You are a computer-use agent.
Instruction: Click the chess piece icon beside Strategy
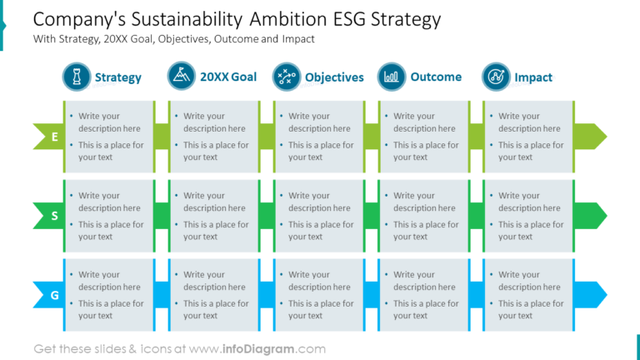pyautogui.click(x=77, y=77)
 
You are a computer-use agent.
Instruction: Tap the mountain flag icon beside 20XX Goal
pyautogui.click(x=182, y=77)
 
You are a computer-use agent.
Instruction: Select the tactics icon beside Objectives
pyautogui.click(x=287, y=77)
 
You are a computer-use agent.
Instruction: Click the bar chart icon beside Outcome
pyautogui.click(x=392, y=77)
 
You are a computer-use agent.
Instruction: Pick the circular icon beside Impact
pyautogui.click(x=497, y=77)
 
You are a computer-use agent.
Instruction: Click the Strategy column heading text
pyautogui.click(x=118, y=77)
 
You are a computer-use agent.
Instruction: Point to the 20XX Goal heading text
pyautogui.click(x=228, y=77)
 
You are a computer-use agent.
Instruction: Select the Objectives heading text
pyautogui.click(x=334, y=77)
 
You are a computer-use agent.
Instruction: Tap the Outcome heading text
pyautogui.click(x=436, y=77)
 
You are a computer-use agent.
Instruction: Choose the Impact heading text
pyautogui.click(x=533, y=77)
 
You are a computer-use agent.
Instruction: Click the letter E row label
pyautogui.click(x=54, y=137)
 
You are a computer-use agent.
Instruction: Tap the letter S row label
pyautogui.click(x=54, y=216)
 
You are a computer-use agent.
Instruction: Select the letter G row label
pyautogui.click(x=54, y=295)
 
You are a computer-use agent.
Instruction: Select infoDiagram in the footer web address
pyautogui.click(x=258, y=349)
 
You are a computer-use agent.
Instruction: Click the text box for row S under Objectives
pyautogui.click(x=319, y=216)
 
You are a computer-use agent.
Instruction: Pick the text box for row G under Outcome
pyautogui.click(x=424, y=295)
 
